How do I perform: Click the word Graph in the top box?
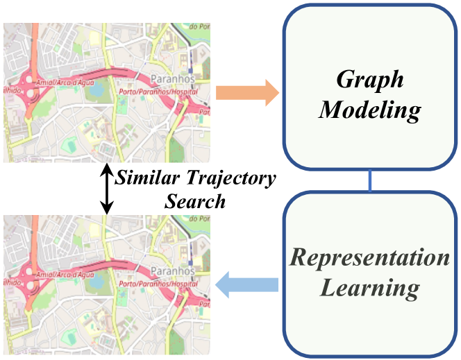[x=370, y=78]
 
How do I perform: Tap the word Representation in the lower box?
[x=370, y=258]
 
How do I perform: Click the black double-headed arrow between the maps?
[x=106, y=188]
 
